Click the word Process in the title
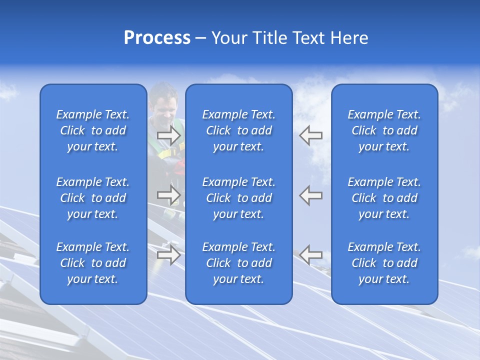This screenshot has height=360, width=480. [x=157, y=38]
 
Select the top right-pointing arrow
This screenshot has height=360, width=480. [x=169, y=135]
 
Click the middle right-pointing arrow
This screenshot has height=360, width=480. [x=169, y=195]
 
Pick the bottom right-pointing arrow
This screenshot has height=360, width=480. [x=169, y=254]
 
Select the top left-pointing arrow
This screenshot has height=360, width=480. [x=310, y=135]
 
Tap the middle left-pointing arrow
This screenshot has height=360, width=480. [x=310, y=195]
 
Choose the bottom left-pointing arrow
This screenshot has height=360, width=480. [x=310, y=254]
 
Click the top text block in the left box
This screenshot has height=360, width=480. [x=93, y=130]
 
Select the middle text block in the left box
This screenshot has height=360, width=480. [x=93, y=198]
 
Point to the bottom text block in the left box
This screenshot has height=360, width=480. [x=93, y=263]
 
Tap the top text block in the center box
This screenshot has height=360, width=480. [x=238, y=130]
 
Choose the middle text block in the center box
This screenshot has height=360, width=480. [x=238, y=198]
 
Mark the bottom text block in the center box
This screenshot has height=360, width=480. [x=238, y=263]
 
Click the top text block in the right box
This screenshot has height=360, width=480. [x=384, y=130]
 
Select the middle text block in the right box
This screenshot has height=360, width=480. [x=384, y=198]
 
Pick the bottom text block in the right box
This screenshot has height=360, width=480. [x=384, y=263]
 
